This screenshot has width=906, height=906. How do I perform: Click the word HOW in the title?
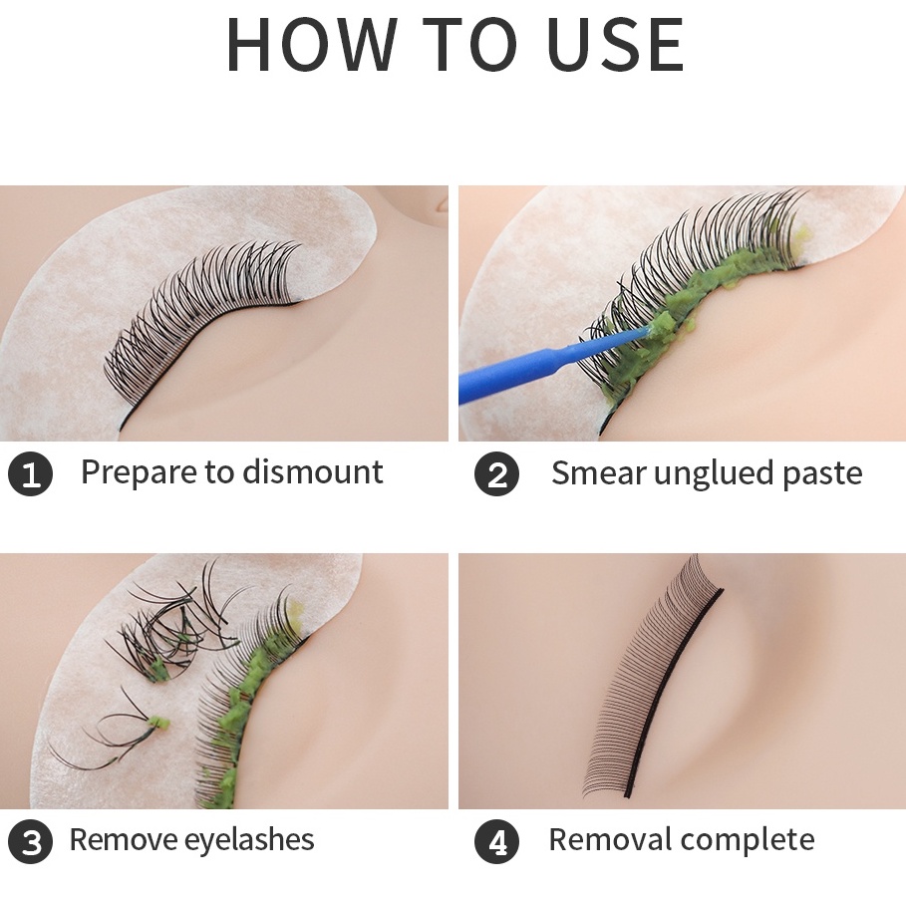pos(313,45)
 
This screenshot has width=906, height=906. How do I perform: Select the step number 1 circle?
pos(30,474)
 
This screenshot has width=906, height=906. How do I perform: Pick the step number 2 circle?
pos(496,474)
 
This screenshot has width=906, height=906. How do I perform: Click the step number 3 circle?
pos(30,841)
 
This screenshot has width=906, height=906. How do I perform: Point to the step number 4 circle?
pos(496,841)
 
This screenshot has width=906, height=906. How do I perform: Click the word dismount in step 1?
pos(313,472)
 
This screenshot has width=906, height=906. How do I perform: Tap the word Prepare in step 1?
pos(140,473)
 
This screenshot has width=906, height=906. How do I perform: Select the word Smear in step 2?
pos(599,473)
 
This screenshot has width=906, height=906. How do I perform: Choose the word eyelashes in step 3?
pos(249,840)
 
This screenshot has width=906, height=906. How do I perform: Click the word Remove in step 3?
pos(123,840)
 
